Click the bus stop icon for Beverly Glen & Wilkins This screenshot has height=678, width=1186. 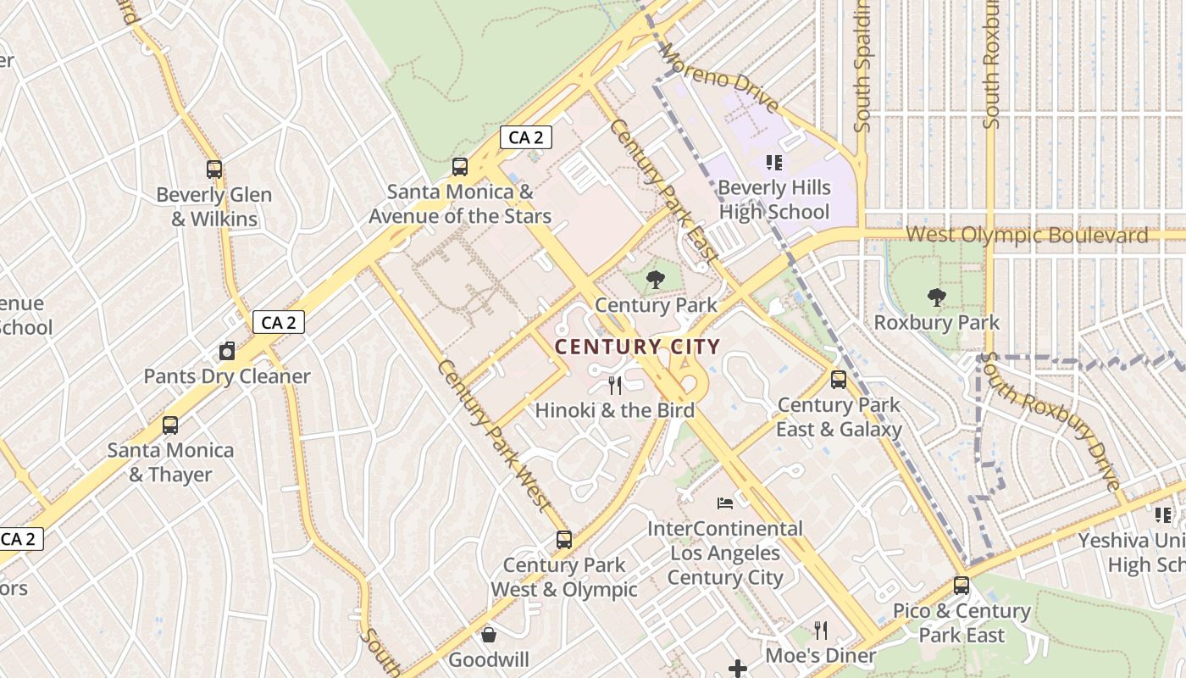[214, 169]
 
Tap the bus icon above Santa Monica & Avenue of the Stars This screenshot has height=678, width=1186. [460, 167]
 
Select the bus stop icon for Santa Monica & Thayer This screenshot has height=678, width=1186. [170, 425]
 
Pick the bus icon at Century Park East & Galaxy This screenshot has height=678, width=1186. [839, 380]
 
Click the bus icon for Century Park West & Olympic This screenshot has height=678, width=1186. [563, 540]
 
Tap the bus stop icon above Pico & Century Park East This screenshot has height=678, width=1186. [962, 586]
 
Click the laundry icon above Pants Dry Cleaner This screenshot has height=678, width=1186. [226, 351]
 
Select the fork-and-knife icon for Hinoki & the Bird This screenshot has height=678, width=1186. [615, 386]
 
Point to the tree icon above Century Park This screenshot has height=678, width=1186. [656, 280]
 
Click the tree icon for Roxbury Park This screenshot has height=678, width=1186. [936, 297]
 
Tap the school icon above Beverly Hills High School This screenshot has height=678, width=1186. [773, 162]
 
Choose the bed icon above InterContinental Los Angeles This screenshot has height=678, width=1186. [725, 503]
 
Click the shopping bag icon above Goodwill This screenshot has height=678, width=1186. [489, 635]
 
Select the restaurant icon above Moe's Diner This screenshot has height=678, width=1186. [820, 631]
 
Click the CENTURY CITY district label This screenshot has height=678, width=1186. [637, 347]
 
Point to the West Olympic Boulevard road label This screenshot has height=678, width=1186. [1027, 235]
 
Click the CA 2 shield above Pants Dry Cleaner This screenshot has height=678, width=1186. [278, 322]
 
